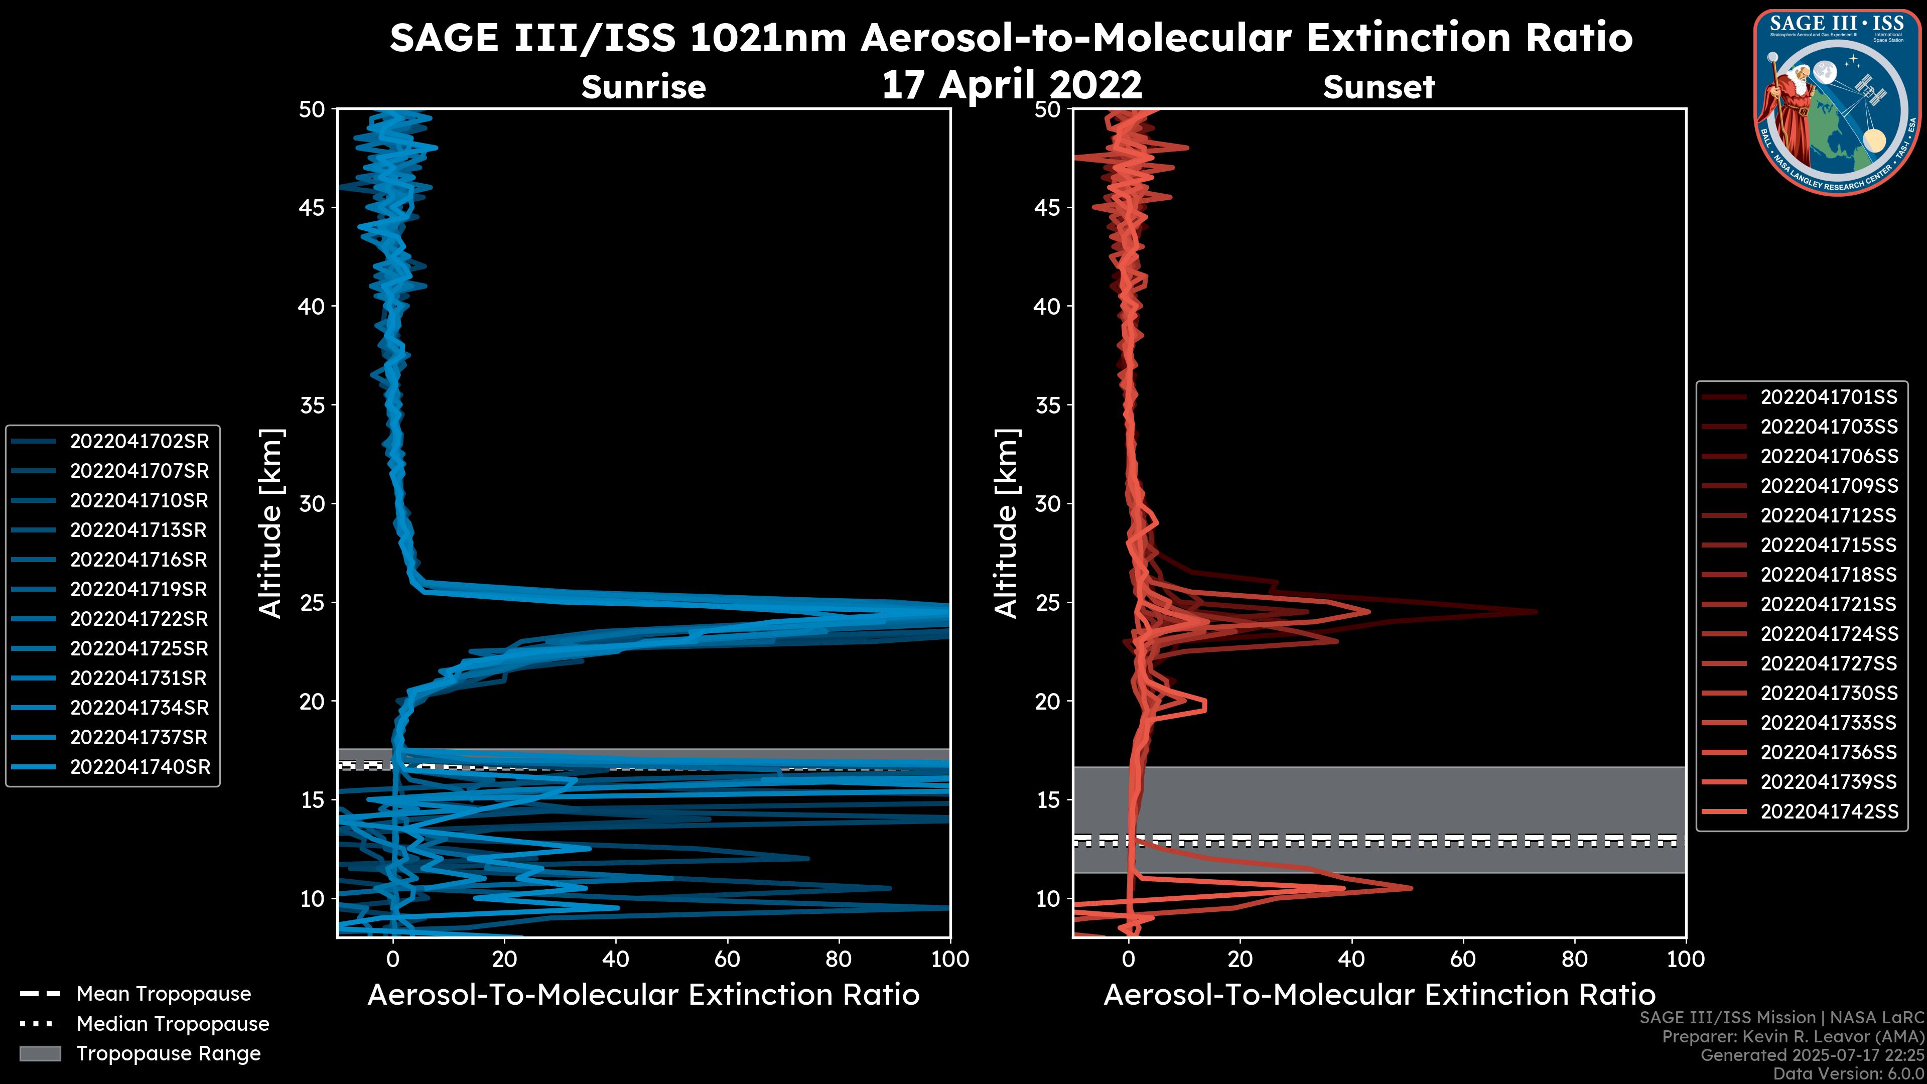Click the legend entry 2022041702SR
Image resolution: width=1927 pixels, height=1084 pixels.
(139, 442)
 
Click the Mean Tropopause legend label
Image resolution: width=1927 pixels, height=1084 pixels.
(164, 994)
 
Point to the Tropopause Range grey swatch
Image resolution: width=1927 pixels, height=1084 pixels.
(40, 1053)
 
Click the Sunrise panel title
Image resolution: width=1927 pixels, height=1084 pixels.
(643, 87)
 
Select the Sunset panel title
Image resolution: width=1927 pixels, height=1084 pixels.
(1379, 87)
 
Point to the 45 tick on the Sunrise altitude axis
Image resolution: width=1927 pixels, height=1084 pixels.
(312, 207)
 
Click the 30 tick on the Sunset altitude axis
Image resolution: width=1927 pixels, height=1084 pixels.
(1048, 503)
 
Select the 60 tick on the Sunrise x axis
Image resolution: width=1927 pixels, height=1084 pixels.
(727, 959)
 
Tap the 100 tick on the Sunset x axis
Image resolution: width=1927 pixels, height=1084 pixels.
(1686, 959)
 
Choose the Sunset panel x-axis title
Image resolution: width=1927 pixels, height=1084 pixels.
(1379, 995)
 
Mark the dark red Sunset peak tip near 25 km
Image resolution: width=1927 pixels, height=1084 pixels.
(1536, 611)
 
